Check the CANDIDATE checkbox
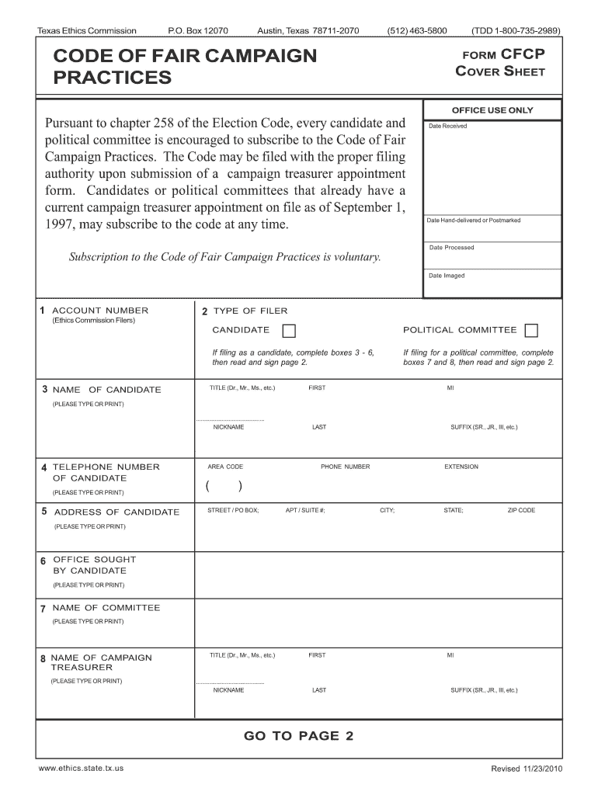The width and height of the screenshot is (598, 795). coord(289,332)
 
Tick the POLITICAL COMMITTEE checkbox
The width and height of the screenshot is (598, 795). coord(531,332)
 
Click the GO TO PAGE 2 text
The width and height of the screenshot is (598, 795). coord(298,736)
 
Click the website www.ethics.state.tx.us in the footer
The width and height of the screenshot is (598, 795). coord(81,768)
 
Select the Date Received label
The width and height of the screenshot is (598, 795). coord(447,126)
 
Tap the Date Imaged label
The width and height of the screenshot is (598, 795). coord(447,276)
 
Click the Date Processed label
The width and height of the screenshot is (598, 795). coord(451,248)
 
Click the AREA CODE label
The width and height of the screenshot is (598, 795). coord(225,467)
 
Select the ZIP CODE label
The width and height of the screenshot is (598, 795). coord(521,510)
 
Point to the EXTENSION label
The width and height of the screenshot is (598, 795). coord(461,467)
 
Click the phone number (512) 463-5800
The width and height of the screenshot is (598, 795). coord(417,31)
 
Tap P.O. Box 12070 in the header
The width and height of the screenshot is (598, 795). coord(198,31)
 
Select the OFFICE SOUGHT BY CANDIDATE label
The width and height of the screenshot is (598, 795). coord(93,564)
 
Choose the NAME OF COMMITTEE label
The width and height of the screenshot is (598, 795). coord(106,608)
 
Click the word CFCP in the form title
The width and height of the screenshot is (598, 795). coord(523,55)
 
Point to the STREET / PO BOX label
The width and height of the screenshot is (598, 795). coord(233,510)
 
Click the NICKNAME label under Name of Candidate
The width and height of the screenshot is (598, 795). coord(228,427)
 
